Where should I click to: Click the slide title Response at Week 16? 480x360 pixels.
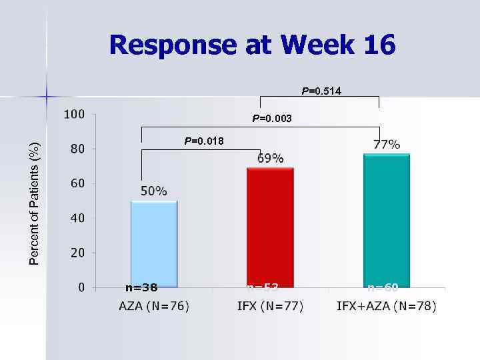pyautogui.click(x=252, y=45)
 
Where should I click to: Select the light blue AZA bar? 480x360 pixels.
pyautogui.click(x=154, y=243)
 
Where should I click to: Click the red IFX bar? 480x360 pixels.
pyautogui.click(x=270, y=227)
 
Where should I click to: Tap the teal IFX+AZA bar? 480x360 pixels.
pyautogui.click(x=387, y=220)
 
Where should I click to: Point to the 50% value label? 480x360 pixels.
pyautogui.click(x=154, y=191)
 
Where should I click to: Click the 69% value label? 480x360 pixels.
pyautogui.click(x=271, y=158)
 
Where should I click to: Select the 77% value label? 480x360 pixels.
pyautogui.click(x=387, y=144)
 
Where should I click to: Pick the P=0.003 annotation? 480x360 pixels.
pyautogui.click(x=271, y=119)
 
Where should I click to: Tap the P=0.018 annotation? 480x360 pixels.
pyautogui.click(x=204, y=141)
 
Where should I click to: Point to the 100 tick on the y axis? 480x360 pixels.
pyautogui.click(x=75, y=114)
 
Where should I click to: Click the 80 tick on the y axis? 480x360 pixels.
pyautogui.click(x=78, y=149)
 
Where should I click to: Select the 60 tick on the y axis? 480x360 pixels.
pyautogui.click(x=78, y=183)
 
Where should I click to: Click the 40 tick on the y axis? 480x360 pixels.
pyautogui.click(x=78, y=218)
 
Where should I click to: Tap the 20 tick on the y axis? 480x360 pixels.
pyautogui.click(x=78, y=253)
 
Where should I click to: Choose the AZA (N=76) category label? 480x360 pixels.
pyautogui.click(x=154, y=307)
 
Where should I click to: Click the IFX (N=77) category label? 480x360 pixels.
pyautogui.click(x=270, y=307)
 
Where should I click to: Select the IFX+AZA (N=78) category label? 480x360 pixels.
pyautogui.click(x=387, y=307)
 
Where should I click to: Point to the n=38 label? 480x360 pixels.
pyautogui.click(x=141, y=288)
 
